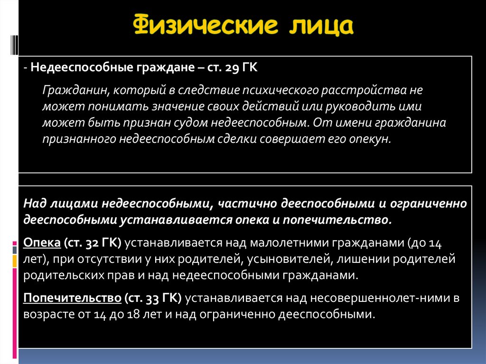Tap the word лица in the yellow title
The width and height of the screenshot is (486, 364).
click(x=320, y=26)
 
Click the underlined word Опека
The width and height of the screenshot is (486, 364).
click(x=41, y=243)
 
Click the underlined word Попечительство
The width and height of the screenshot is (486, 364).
click(x=72, y=298)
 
